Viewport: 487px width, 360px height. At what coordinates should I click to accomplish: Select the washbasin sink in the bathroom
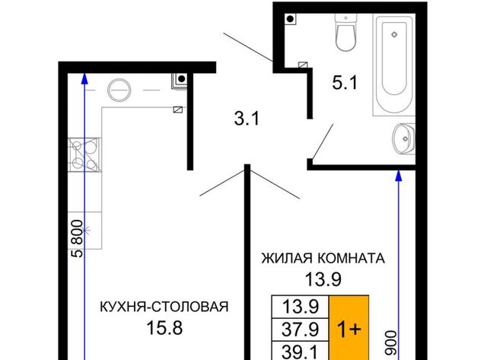404,139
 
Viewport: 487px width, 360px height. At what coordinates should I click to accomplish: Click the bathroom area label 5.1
345,83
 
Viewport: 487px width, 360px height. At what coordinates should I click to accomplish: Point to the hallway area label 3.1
247,119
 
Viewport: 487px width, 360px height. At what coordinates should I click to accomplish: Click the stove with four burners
84,155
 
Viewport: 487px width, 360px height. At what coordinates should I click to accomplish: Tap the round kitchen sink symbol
119,90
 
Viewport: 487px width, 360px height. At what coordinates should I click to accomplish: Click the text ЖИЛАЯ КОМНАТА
323,259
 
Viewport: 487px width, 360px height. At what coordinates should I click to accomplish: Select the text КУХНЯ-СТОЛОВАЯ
164,307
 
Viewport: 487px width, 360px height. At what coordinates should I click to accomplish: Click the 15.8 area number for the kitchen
164,328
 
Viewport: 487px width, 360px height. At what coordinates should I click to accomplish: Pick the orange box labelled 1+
349,328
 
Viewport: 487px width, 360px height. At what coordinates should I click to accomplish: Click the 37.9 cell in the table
301,330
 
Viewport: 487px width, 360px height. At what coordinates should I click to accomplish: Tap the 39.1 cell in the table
301,351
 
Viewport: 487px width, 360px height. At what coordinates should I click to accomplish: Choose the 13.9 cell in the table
301,307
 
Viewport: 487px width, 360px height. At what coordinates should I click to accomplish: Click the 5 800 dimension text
78,238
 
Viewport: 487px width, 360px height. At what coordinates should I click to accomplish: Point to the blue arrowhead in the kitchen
84,78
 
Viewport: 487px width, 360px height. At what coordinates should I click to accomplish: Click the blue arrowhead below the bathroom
399,176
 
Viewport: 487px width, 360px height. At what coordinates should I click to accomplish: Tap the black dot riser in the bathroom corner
291,19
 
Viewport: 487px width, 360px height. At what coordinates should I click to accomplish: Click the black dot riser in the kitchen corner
182,78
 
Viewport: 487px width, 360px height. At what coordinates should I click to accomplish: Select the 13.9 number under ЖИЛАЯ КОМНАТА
323,279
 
